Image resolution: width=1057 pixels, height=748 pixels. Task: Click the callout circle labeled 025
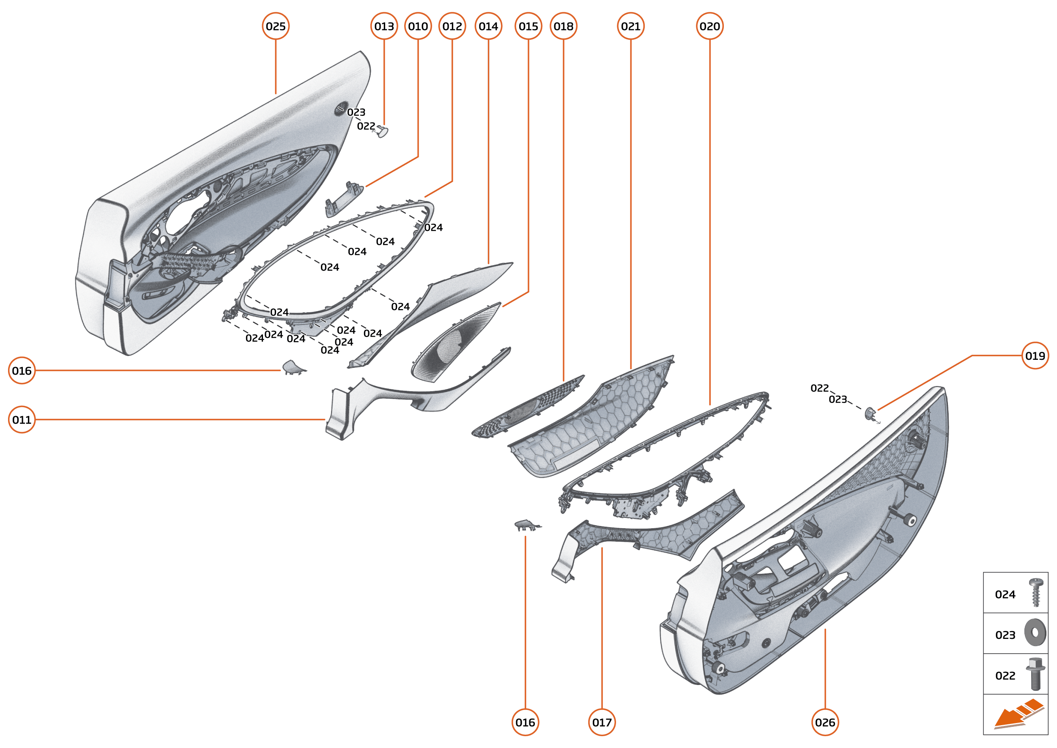[275, 26]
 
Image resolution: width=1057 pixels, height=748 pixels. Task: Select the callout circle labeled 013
[384, 26]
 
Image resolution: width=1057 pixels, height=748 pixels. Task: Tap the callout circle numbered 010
[418, 26]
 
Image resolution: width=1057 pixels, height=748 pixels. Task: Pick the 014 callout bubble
[488, 26]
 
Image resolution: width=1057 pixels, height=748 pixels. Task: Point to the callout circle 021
[630, 26]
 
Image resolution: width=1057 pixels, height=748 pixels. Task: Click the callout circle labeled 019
[1035, 356]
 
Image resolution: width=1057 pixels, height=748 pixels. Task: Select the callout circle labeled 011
[22, 419]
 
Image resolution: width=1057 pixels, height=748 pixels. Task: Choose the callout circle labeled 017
[602, 722]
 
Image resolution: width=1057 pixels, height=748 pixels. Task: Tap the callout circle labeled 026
[825, 722]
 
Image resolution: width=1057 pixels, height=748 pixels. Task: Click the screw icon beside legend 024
[1036, 593]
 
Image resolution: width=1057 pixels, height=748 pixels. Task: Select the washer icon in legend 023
[1035, 633]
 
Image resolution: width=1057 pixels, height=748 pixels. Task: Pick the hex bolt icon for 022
[1035, 674]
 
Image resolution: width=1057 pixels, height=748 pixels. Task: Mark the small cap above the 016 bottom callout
[526, 525]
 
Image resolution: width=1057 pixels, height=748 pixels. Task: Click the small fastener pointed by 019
[870, 413]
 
